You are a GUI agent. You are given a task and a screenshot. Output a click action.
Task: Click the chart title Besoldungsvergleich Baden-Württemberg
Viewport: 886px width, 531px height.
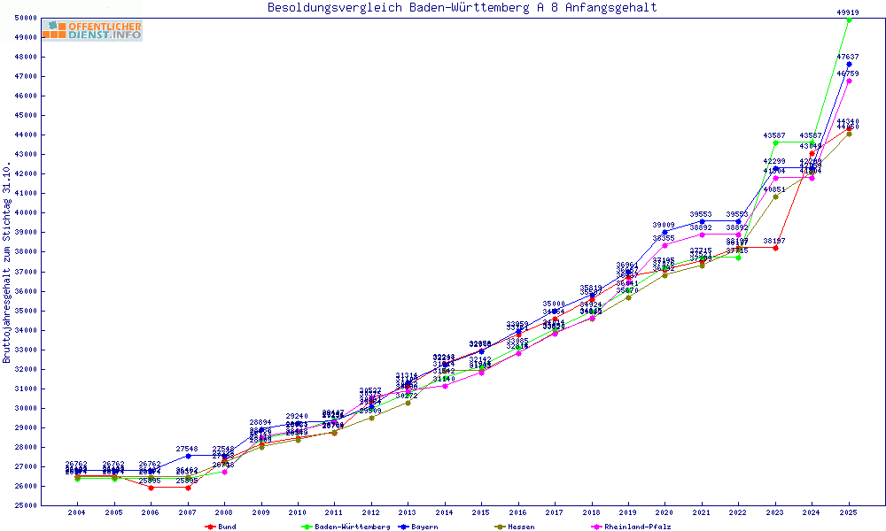462,8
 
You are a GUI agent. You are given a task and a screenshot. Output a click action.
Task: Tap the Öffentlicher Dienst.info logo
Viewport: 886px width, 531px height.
92,30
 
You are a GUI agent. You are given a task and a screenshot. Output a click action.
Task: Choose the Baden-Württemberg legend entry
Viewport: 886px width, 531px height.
346,527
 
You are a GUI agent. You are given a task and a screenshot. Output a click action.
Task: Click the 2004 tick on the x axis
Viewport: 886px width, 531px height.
77,512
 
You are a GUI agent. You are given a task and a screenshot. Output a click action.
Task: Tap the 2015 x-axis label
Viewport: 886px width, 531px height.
481,512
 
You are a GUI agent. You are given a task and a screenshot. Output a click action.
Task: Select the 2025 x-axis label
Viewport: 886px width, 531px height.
849,512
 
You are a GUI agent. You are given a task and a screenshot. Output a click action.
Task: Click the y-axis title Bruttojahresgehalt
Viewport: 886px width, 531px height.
7,263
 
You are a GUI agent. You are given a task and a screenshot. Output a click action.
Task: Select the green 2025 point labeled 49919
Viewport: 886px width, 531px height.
849,19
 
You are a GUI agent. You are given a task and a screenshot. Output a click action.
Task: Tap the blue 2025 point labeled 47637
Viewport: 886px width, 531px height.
849,64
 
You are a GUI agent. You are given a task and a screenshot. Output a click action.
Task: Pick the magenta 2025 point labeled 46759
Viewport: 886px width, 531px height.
849,81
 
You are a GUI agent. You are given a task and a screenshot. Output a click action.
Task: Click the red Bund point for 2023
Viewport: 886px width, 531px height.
775,248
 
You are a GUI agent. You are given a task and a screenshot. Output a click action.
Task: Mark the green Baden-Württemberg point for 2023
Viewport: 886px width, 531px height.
775,142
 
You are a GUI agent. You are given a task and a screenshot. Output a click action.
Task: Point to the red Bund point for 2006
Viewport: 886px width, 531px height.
151,488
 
